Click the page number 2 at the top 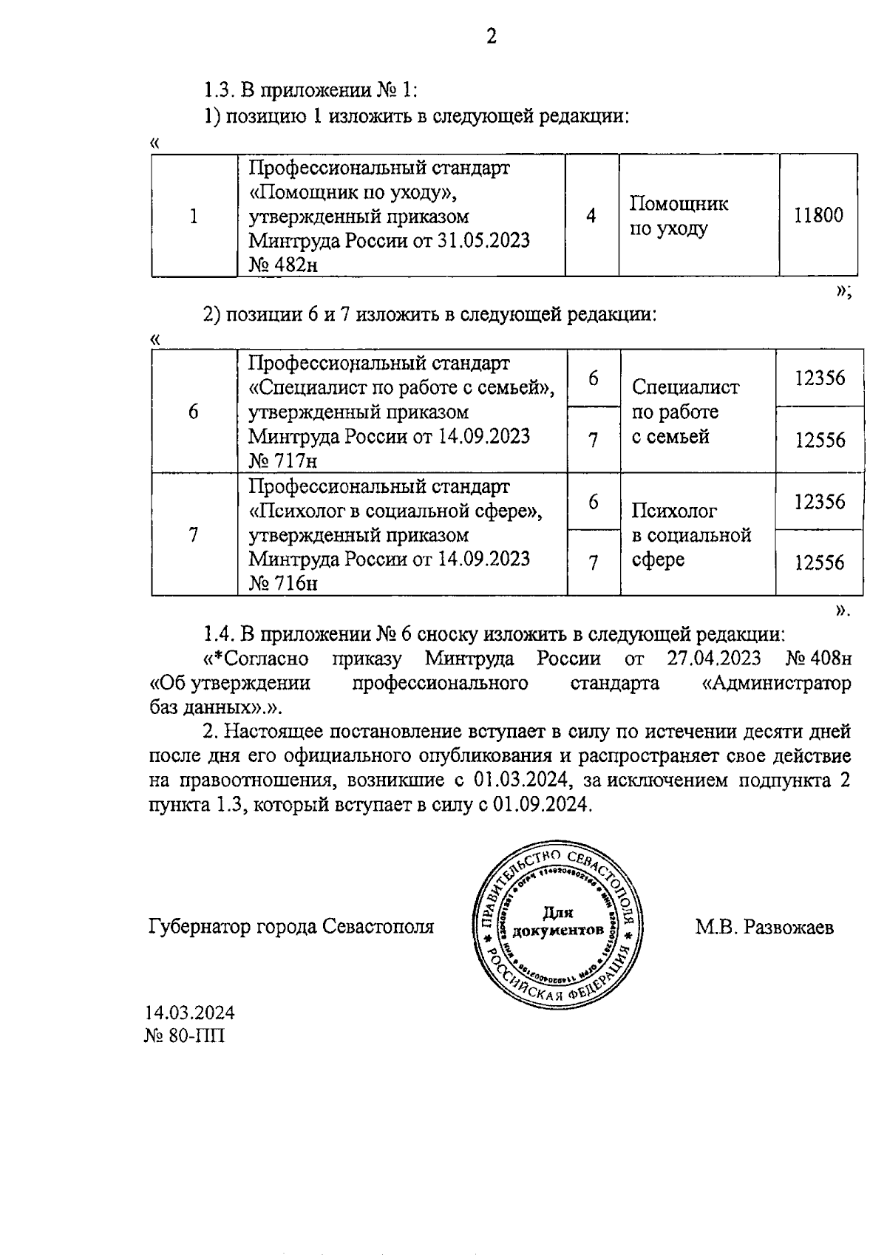click(x=491, y=36)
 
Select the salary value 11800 click(x=818, y=216)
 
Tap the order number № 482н click(x=283, y=265)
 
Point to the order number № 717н click(x=283, y=461)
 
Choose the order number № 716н click(x=283, y=584)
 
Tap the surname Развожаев click(x=789, y=927)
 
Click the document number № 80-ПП click(x=185, y=1035)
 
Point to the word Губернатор click(x=198, y=927)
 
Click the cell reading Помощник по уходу click(x=679, y=216)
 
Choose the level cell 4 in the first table click(x=591, y=216)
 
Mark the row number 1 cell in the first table click(x=194, y=216)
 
